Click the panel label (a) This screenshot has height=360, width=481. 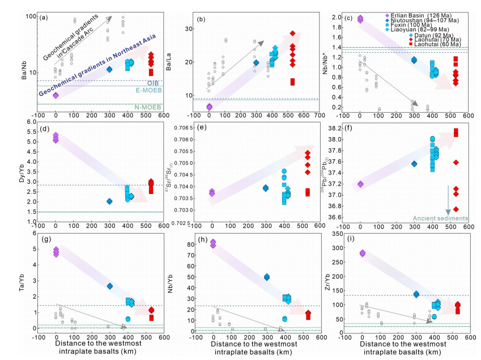point(42,18)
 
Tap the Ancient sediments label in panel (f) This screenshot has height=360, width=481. point(440,218)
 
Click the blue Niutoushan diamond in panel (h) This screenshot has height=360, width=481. point(266,277)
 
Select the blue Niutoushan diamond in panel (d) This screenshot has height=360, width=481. point(109,201)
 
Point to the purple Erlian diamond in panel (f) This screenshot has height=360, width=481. point(360,184)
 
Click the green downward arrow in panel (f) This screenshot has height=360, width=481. point(448,199)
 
